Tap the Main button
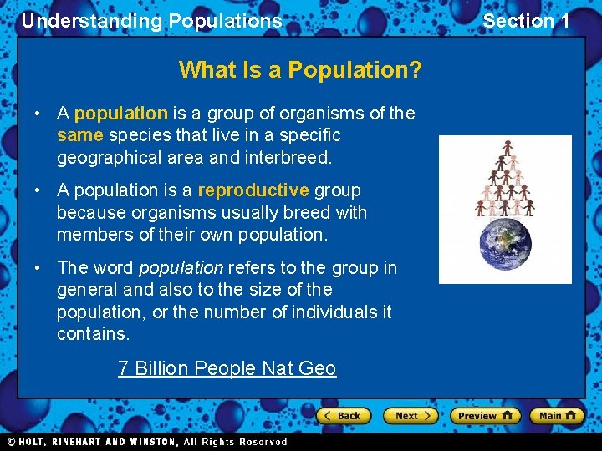(x=558, y=415)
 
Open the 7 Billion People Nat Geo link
(x=227, y=368)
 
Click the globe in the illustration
(x=505, y=245)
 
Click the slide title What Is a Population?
(x=300, y=69)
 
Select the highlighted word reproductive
(x=253, y=190)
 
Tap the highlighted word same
(x=79, y=135)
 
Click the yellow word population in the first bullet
(x=121, y=113)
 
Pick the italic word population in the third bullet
(x=181, y=268)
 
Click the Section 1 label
(x=526, y=21)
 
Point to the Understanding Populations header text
(x=151, y=21)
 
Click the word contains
(x=93, y=334)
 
